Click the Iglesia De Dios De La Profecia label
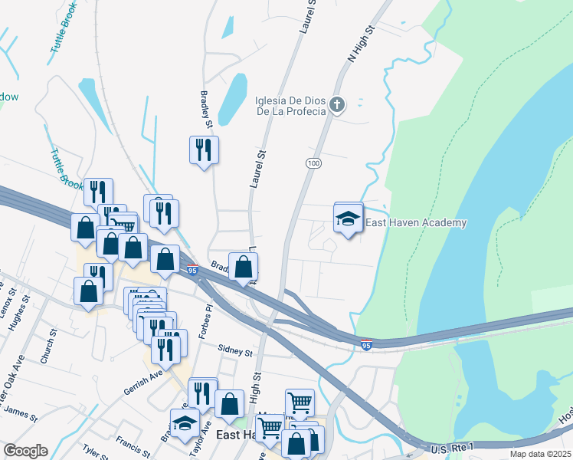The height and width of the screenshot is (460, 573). click(291, 105)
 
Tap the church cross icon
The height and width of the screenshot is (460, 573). click(339, 104)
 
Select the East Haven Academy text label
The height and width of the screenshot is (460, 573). click(416, 222)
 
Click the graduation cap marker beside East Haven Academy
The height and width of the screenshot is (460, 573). click(349, 219)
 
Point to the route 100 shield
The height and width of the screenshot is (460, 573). click(313, 163)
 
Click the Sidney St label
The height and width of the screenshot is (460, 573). click(234, 351)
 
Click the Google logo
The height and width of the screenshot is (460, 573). click(25, 451)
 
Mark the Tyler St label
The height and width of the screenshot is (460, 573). click(97, 452)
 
